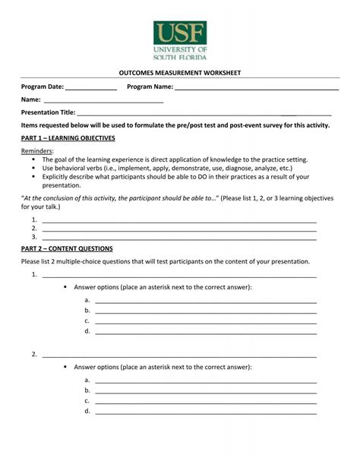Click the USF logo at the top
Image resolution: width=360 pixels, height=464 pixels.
pyautogui.click(x=180, y=39)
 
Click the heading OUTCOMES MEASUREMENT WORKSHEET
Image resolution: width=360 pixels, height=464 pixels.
pyautogui.click(x=180, y=73)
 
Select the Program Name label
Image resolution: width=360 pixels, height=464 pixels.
pyautogui.click(x=150, y=87)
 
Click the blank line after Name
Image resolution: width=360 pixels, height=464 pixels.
pyautogui.click(x=103, y=99)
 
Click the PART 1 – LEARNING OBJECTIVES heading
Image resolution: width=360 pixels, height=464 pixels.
pyautogui.click(x=68, y=138)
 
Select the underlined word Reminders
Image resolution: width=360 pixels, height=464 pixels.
pyautogui.click(x=36, y=151)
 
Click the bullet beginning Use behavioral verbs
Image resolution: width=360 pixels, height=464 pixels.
pyautogui.click(x=167, y=168)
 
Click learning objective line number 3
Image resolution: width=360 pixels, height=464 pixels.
pyautogui.click(x=178, y=236)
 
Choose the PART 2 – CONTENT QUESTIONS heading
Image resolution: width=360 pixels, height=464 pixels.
pyautogui.click(x=67, y=248)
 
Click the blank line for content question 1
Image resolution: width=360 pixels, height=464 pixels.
pyautogui.click(x=178, y=275)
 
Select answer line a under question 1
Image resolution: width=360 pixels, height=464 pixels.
pyautogui.click(x=205, y=301)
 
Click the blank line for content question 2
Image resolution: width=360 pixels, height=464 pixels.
pyautogui.click(x=178, y=355)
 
